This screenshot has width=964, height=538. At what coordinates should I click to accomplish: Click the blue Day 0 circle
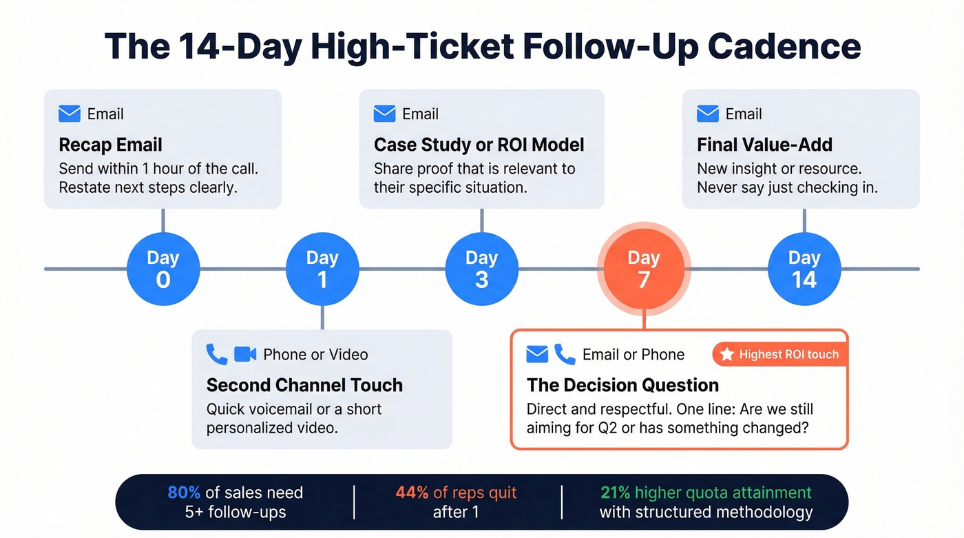point(163,269)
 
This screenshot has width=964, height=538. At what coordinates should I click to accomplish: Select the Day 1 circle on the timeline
point(322,269)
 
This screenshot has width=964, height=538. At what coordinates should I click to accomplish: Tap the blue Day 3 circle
point(481,269)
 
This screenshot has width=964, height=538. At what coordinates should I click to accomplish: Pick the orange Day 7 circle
point(643,269)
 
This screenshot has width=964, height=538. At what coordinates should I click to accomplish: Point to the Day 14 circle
point(804,269)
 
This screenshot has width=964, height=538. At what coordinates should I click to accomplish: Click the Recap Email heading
point(110,145)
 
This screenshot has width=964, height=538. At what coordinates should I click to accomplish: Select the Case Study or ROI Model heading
point(479,145)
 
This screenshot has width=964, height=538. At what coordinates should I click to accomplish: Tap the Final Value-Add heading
point(764,145)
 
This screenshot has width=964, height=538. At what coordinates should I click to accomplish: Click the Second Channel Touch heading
point(304,385)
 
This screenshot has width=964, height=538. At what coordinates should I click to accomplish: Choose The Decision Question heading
point(622,385)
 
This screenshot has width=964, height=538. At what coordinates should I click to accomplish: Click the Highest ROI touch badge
point(779,355)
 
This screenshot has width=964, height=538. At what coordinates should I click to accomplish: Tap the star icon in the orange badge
point(726,355)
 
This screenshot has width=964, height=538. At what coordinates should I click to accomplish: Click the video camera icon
point(245,354)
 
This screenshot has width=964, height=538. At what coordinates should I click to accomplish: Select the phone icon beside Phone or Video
point(217,354)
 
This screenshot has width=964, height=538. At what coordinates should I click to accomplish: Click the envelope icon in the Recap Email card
point(70,114)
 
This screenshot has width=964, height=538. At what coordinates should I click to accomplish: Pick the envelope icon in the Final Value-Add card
point(708,114)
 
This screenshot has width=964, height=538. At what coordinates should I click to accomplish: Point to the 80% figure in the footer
point(184,493)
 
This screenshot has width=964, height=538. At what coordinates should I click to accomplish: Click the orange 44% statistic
point(412,493)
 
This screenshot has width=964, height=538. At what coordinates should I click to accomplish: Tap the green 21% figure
point(615,493)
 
